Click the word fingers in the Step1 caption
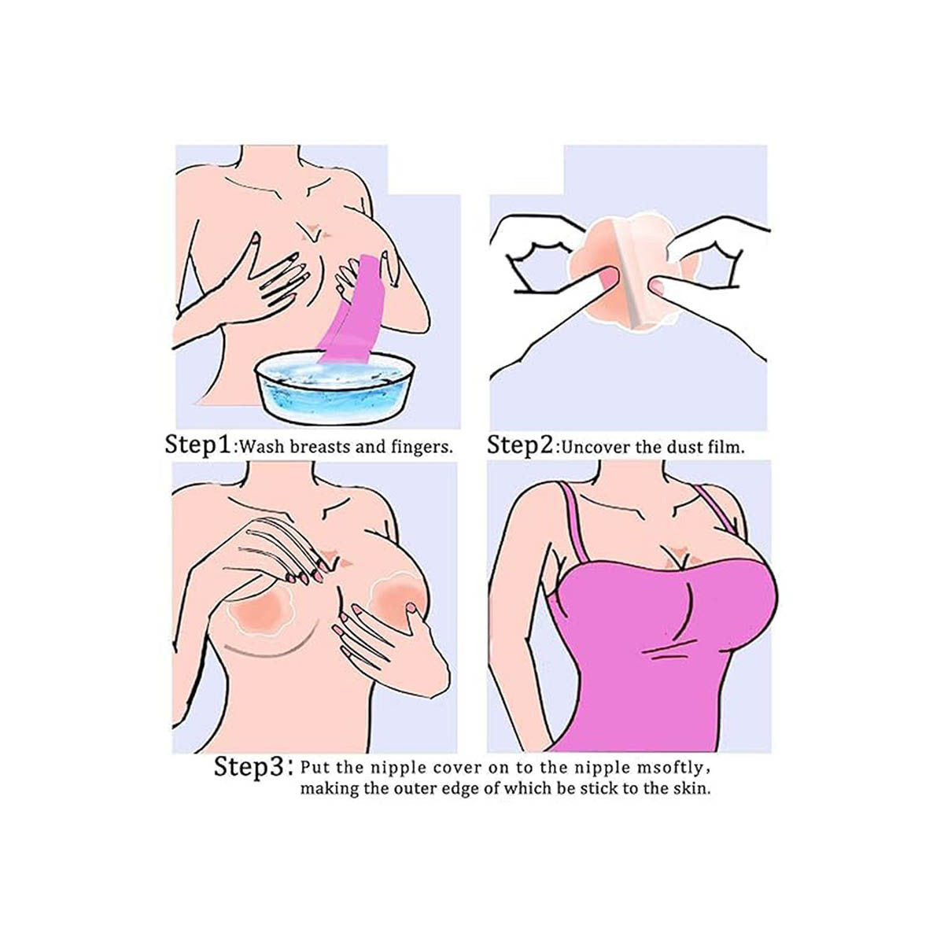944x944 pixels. pos(422,448)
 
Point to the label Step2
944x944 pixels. pos(519,444)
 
